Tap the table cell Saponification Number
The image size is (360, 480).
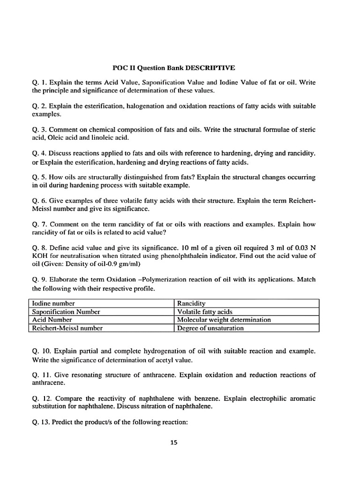pos(66,311)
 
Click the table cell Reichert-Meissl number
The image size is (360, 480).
pos(67,328)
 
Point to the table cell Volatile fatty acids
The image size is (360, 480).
pos(205,311)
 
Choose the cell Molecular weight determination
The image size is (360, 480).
pos(224,320)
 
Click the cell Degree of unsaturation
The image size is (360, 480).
pos(210,328)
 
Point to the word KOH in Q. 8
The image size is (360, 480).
pos(40,255)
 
